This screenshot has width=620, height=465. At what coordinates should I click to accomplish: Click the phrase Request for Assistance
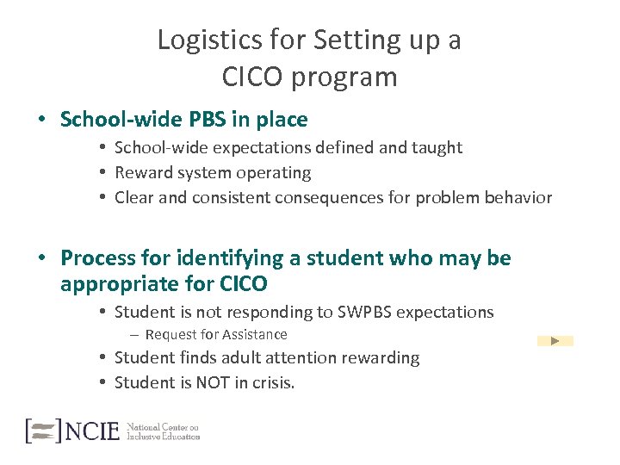216,335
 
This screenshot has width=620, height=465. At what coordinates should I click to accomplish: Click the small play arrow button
555,341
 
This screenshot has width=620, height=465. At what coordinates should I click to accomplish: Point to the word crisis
270,383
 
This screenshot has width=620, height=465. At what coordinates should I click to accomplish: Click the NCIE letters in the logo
92,431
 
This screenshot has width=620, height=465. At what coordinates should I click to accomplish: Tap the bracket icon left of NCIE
44,431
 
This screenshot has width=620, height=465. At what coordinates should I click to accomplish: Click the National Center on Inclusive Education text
163,431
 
